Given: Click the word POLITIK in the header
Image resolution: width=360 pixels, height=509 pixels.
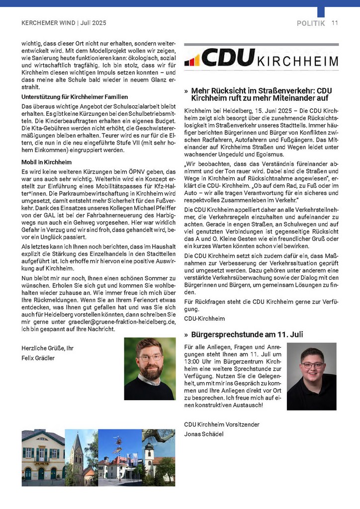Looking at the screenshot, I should click(311, 23).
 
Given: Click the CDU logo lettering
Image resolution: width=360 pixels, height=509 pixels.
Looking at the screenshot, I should click(228, 58).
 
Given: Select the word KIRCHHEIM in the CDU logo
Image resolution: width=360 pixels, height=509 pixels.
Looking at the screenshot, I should click(297, 61).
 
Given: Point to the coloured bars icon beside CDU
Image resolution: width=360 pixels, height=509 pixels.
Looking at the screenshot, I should click(192, 60).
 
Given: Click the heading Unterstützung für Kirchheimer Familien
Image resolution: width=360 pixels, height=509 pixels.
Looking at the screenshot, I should click(75, 97).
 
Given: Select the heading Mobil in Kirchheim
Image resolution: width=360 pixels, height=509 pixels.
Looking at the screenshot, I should click(46, 163).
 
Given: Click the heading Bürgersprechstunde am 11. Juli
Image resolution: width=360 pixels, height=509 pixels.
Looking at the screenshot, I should click(247, 335).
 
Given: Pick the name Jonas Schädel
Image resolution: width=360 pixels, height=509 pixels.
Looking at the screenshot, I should click(204, 434).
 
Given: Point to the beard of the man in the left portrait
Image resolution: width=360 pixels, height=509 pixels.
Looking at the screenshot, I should click(150, 371).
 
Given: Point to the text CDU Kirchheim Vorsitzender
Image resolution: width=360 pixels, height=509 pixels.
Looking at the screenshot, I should click(222, 424).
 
